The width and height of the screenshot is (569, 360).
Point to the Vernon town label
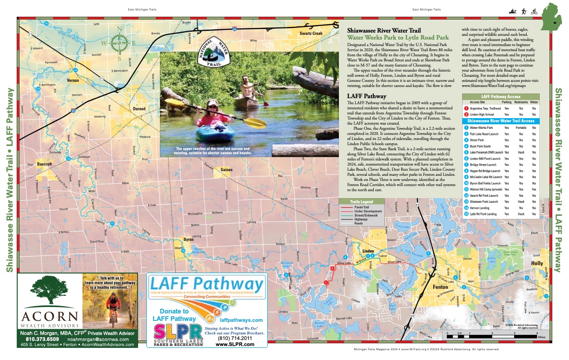74,80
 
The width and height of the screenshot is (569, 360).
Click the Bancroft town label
45,164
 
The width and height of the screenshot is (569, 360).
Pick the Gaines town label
226,170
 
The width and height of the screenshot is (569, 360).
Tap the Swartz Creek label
311,34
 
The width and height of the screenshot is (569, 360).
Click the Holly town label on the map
537,263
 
